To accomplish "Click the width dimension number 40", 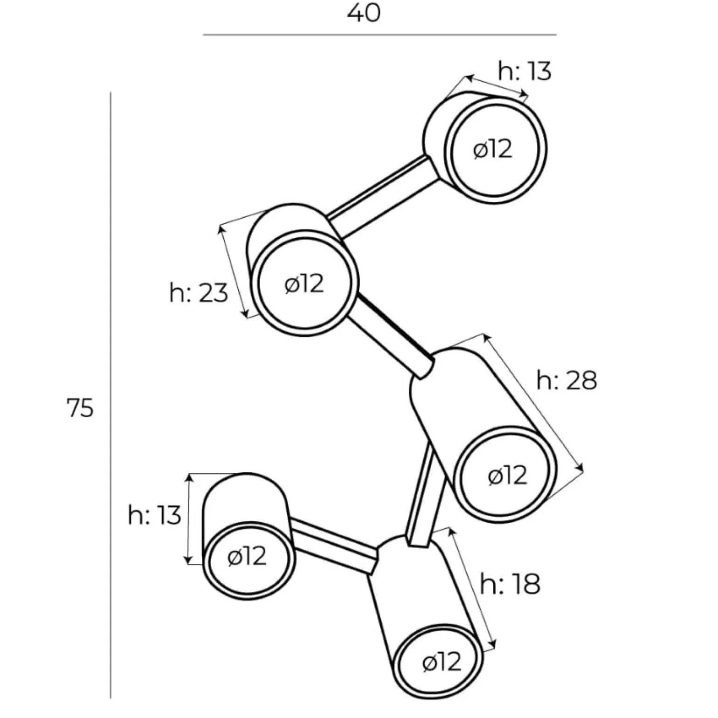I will coord(364,13).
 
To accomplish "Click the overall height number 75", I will coord(80,408).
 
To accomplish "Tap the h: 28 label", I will coord(566,380).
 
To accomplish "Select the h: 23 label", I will coord(199,293).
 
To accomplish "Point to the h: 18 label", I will coord(510,583).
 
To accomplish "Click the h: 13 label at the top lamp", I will coord(525,71).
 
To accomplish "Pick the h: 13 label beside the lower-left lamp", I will coord(154,516).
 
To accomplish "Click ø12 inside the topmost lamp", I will coord(492,150).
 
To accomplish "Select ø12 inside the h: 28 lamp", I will coord(507,476).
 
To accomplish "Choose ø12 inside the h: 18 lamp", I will coord(442,662).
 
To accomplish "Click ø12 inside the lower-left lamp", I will coord(247,556).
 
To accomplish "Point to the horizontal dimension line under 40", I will coord(379,35).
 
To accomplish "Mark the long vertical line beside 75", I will coord(110,396).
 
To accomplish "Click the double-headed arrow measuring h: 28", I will coord(533,403).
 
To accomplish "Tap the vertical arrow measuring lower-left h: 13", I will coord(188,518).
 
